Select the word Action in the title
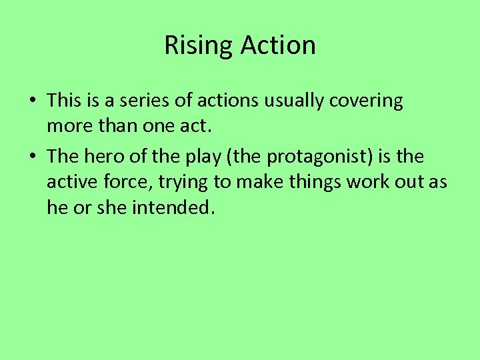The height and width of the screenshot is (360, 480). click(x=278, y=45)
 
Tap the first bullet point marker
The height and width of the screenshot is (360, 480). click(x=32, y=101)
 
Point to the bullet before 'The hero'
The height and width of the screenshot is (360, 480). click(x=32, y=157)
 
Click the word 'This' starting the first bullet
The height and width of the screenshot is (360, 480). click(x=63, y=101)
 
